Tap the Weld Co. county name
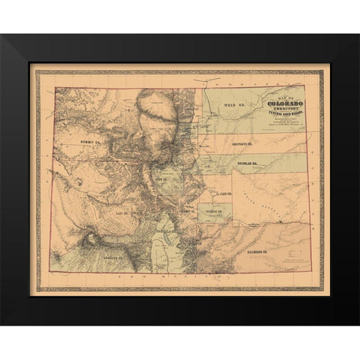236,108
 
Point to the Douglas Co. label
253,160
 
